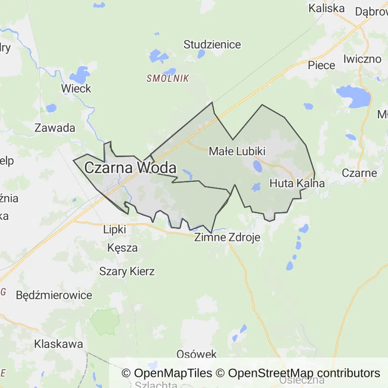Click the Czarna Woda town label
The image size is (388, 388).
(130, 168)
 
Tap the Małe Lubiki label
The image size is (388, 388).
(237, 151)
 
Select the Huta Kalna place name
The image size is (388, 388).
(297, 183)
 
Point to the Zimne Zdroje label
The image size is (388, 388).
(227, 237)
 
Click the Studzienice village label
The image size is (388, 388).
(212, 44)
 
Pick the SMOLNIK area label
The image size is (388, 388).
(168, 78)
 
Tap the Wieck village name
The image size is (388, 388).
(76, 89)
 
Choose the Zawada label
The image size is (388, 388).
(55, 128)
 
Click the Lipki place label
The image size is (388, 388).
(114, 229)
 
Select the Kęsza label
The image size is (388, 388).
(122, 248)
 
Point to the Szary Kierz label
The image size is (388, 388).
(127, 271)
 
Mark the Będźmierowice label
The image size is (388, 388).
(54, 295)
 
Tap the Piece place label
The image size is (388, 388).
(321, 65)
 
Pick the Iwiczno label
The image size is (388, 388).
(362, 59)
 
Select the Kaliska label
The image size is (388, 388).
(326, 8)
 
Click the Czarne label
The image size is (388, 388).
(359, 173)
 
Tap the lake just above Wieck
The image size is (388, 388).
(80, 75)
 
